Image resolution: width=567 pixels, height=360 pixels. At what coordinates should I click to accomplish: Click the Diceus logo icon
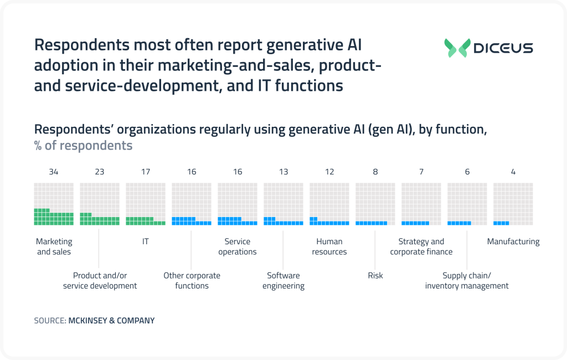click(457, 48)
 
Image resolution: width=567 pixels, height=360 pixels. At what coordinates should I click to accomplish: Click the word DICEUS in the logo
click(503, 48)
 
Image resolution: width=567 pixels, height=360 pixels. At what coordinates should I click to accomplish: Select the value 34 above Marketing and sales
click(54, 172)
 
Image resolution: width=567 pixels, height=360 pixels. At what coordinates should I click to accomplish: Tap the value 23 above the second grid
click(100, 172)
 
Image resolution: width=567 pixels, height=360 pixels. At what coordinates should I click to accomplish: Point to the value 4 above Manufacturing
click(513, 172)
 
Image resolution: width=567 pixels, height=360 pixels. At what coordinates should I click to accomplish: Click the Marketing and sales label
click(54, 246)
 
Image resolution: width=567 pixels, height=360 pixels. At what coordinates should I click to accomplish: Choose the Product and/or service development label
click(100, 280)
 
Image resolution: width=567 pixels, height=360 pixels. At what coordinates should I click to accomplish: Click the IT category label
click(146, 241)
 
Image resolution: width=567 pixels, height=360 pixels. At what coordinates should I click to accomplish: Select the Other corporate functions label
click(192, 280)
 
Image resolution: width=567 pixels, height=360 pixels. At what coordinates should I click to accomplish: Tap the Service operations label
click(238, 246)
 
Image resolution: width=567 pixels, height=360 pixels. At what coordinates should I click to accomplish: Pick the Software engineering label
click(283, 280)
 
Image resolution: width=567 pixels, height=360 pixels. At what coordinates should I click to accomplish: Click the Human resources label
click(329, 246)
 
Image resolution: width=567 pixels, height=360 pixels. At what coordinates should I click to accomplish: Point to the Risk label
click(375, 275)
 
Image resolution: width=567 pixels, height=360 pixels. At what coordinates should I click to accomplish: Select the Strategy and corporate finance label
click(421, 246)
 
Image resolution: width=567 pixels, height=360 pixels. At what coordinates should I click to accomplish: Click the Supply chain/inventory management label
click(467, 280)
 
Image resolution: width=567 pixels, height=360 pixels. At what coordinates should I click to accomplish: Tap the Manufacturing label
click(513, 241)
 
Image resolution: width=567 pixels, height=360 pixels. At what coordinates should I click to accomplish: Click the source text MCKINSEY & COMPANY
click(111, 321)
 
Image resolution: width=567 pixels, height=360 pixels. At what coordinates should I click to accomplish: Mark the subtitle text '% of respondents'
click(84, 146)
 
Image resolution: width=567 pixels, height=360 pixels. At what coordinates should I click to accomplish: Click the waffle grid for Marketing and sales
click(54, 204)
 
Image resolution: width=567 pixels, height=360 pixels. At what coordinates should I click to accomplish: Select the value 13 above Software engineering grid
click(283, 172)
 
